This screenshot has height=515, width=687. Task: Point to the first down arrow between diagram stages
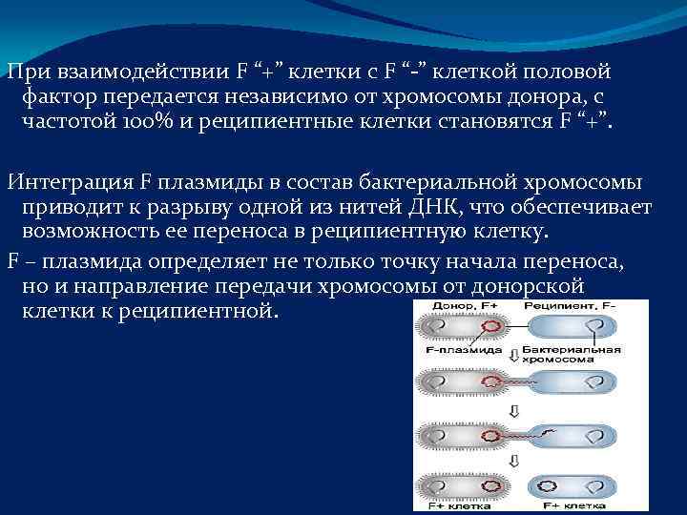(x=512, y=357)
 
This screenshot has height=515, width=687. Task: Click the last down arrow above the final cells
(x=512, y=461)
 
